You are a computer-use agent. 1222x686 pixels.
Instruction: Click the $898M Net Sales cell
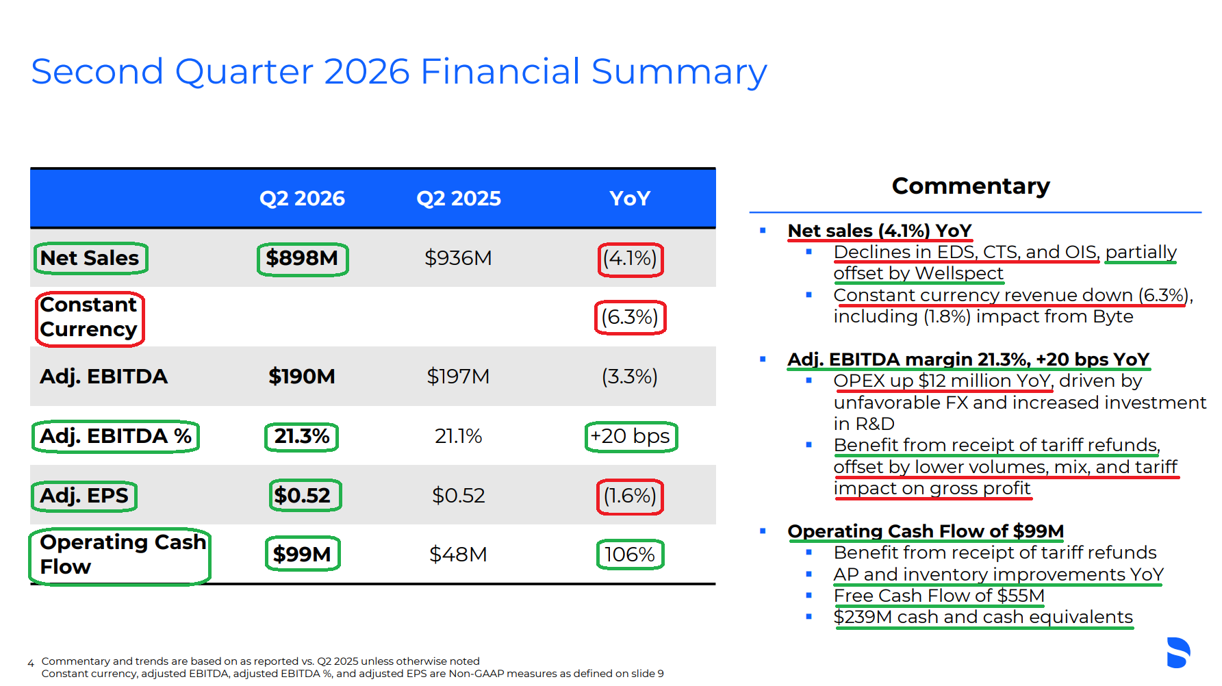click(302, 258)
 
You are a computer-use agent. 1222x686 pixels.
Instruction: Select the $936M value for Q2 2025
click(458, 258)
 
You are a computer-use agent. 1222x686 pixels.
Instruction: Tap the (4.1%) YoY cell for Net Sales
click(630, 258)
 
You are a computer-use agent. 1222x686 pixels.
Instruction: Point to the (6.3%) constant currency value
click(630, 317)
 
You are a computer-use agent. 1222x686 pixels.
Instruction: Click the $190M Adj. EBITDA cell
click(302, 376)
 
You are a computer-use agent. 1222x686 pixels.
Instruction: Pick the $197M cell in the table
click(458, 376)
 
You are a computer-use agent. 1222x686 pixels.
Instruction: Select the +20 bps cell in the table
click(631, 436)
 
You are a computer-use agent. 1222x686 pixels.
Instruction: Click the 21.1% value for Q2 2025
click(458, 436)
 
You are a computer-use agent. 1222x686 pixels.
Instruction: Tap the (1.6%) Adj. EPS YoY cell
click(630, 495)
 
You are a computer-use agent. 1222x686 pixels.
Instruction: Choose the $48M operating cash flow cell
click(458, 554)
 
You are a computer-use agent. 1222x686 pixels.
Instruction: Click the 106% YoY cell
click(630, 554)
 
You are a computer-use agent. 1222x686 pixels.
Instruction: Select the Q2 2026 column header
click(302, 199)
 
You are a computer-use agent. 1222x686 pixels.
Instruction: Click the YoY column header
click(630, 199)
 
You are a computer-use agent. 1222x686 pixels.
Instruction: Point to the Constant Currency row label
click(89, 317)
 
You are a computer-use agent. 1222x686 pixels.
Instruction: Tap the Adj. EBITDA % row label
click(116, 436)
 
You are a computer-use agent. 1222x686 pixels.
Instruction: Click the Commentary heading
click(971, 186)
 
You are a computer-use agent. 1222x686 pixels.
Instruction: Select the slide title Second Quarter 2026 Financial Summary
click(399, 72)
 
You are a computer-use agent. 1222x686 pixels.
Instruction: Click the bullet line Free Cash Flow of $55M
click(939, 596)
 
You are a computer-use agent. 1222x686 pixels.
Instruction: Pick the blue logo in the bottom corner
click(1178, 652)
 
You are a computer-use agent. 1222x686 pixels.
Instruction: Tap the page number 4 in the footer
click(31, 663)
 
